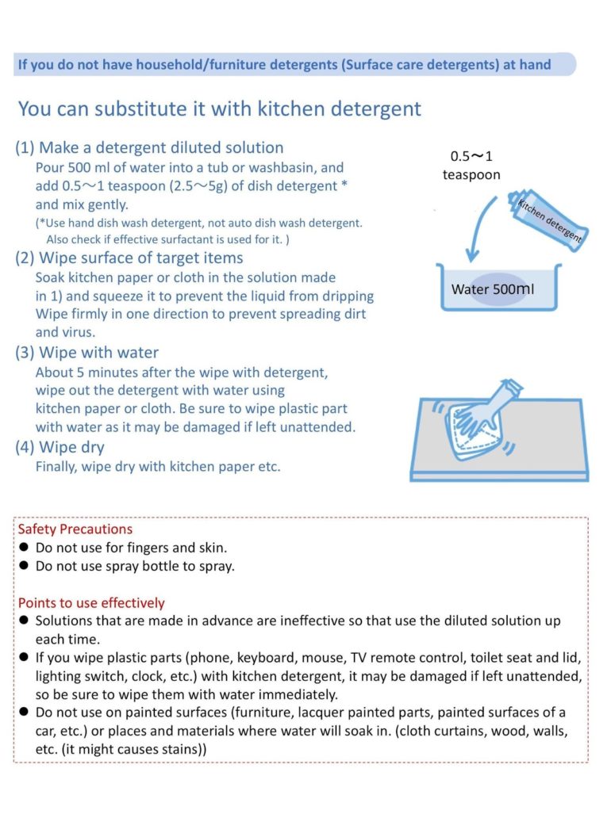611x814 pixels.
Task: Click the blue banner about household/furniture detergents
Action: point(294,64)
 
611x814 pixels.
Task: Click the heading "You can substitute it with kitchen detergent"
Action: point(220,109)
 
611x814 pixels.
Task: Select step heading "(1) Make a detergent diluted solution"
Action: point(149,147)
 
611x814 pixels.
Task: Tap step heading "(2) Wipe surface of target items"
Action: point(129,258)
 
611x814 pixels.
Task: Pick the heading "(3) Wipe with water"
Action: point(87,353)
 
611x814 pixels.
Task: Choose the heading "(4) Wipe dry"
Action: point(60,448)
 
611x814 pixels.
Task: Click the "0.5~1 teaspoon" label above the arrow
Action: point(471,166)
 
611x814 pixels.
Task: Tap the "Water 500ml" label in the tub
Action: point(493,289)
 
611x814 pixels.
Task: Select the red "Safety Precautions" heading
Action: point(75,529)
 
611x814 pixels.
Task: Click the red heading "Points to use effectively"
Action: point(91,603)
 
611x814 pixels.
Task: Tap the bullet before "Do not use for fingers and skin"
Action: point(24,548)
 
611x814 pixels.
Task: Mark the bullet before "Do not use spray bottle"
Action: point(24,566)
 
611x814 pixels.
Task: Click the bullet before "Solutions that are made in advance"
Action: point(24,621)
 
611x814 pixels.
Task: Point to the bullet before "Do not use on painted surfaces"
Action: point(24,713)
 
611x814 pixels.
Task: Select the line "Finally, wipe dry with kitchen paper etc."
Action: point(158,467)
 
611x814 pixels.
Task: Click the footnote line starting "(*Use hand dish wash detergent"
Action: point(198,224)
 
